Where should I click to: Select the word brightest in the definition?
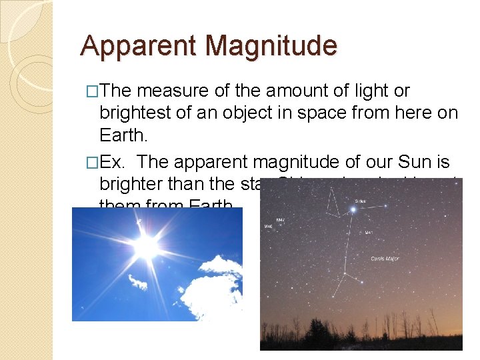(135, 113)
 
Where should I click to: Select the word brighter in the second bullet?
(134, 184)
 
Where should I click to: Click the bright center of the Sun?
(145, 247)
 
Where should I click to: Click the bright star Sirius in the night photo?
(353, 209)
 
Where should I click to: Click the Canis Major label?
(385, 258)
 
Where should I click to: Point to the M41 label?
(369, 233)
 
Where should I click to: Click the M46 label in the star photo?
(268, 227)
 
